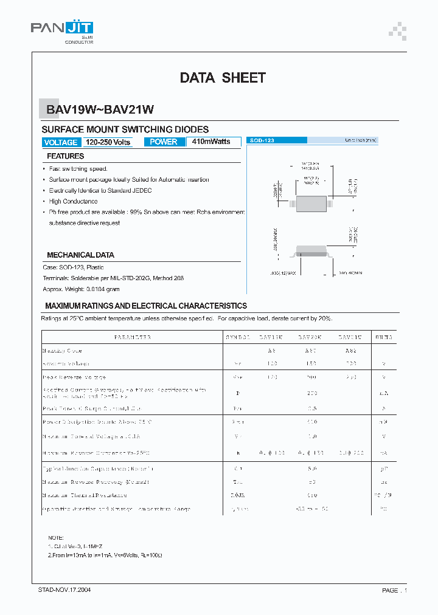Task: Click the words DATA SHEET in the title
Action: [x=223, y=78]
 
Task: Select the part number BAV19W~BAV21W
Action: [x=100, y=110]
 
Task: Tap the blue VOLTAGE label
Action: [x=61, y=142]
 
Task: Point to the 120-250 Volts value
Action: [x=108, y=142]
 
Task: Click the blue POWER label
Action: [x=164, y=142]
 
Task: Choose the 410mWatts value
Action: [x=211, y=142]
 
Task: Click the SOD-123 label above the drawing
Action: [x=262, y=140]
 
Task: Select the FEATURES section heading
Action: [x=66, y=156]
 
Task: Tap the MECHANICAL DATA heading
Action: [x=80, y=255]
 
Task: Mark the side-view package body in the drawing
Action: [x=314, y=250]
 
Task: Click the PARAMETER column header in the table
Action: [x=132, y=337]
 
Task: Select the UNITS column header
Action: [x=383, y=337]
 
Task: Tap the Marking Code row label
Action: [x=62, y=351]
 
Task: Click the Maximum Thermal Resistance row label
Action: [x=86, y=495]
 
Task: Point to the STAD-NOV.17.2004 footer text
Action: [x=64, y=589]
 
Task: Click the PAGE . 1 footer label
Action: [x=394, y=590]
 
